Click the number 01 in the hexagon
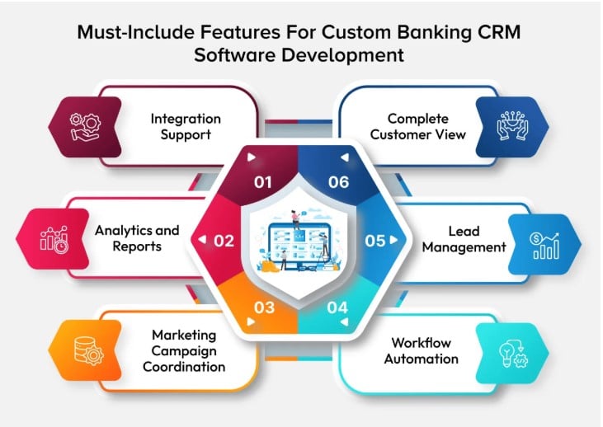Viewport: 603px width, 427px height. coord(263,182)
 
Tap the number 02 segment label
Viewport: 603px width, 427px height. coord(224,241)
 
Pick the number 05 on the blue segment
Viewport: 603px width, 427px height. coord(375,241)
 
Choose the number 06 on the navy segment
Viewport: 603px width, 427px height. coord(338,182)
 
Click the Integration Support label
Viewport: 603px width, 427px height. coord(186,125)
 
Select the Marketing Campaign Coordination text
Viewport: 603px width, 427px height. coord(183,351)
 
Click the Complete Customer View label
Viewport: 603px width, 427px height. coord(416,125)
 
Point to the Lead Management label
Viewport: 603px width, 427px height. coord(466,238)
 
